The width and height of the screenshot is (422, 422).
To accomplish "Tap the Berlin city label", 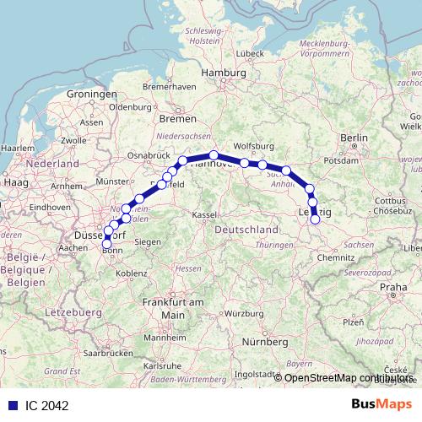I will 350,137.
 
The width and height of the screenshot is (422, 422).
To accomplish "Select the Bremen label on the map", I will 176,119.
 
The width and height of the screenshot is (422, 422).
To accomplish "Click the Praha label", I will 393,288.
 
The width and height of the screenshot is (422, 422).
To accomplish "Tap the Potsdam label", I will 341,159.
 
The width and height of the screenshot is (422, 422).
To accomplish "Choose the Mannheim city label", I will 165,338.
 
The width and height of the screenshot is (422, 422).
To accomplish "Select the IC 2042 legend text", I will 47,406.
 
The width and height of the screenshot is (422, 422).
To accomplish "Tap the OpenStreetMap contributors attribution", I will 349,378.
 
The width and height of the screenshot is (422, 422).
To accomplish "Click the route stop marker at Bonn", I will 106,245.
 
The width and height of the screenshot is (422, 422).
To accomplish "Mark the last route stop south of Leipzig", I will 316,219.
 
